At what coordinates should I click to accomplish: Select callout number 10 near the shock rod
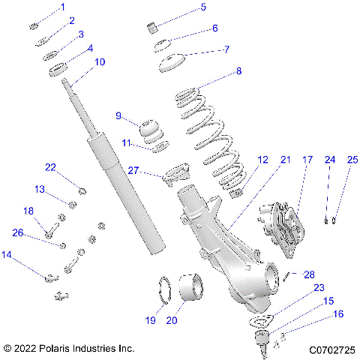[100, 61]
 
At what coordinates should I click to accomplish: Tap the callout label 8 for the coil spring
[238, 73]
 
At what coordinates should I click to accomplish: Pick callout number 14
[7, 256]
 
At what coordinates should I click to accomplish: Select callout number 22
[50, 167]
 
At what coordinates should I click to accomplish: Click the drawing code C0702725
[330, 349]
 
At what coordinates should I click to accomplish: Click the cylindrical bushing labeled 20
[191, 290]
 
